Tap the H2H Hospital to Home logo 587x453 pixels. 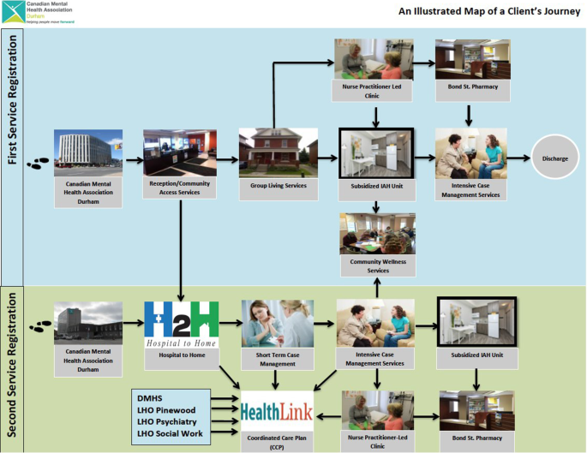coord(181,324)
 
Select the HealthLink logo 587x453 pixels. coord(276,409)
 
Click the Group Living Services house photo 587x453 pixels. coord(278,152)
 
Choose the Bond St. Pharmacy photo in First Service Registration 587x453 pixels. coord(472,57)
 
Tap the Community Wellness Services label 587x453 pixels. coord(377,265)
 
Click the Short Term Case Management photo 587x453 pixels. coord(275,322)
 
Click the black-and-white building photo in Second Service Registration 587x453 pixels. coord(88,324)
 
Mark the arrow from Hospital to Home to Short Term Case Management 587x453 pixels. coord(231,325)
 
